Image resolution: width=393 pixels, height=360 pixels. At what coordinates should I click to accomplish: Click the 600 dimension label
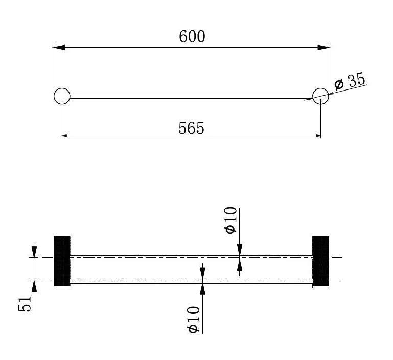[192, 36]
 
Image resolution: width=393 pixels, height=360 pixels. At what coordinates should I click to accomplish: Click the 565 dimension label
[191, 128]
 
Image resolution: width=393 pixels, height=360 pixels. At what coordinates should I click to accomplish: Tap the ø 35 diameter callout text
[350, 81]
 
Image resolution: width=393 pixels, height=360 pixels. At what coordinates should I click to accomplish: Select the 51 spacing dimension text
[25, 304]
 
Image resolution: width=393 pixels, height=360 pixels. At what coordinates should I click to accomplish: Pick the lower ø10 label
[194, 320]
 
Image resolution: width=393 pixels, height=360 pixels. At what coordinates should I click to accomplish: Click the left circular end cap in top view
[62, 96]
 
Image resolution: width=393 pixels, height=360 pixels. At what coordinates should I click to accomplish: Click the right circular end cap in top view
[320, 96]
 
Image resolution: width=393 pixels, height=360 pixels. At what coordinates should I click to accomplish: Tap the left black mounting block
[62, 262]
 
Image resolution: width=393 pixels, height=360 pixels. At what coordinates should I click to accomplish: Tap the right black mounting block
[320, 262]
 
